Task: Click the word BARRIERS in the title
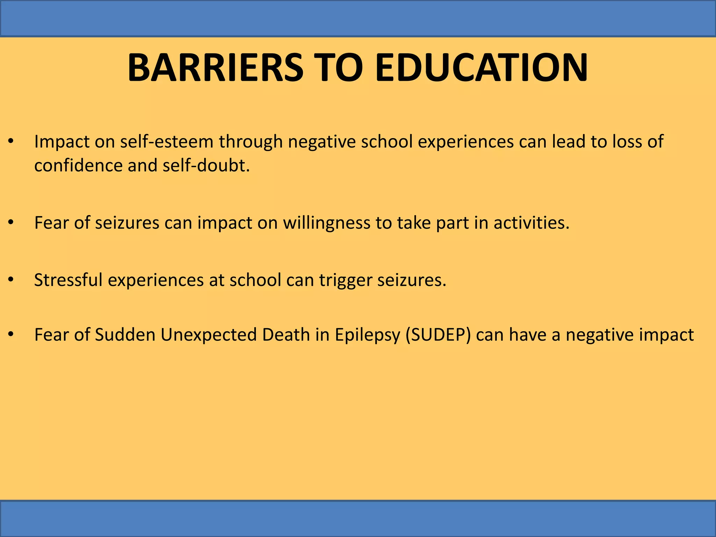(x=215, y=67)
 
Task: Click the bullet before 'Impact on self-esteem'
(x=11, y=142)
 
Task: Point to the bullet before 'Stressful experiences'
(x=11, y=280)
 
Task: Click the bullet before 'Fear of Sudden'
(x=11, y=335)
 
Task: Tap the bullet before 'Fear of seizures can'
(x=11, y=223)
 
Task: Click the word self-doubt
(x=206, y=165)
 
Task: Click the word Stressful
(x=68, y=280)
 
